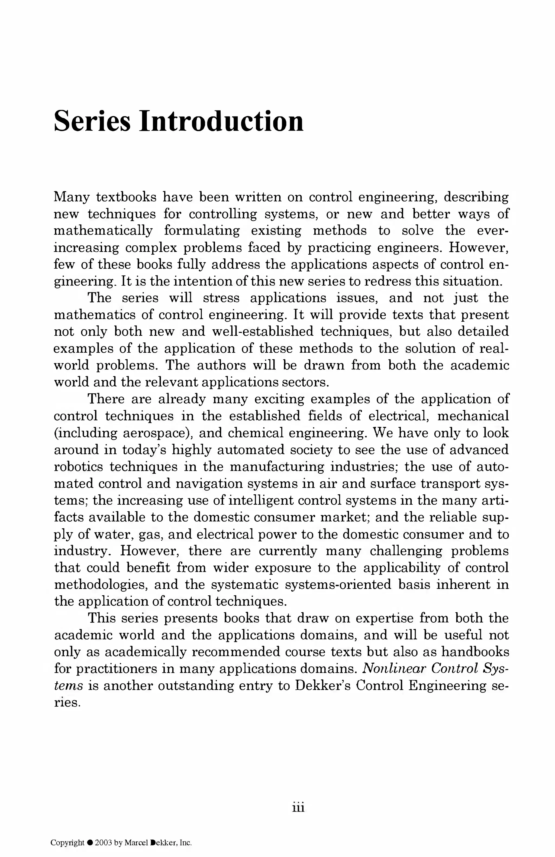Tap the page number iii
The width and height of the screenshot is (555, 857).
pos(298,808)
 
